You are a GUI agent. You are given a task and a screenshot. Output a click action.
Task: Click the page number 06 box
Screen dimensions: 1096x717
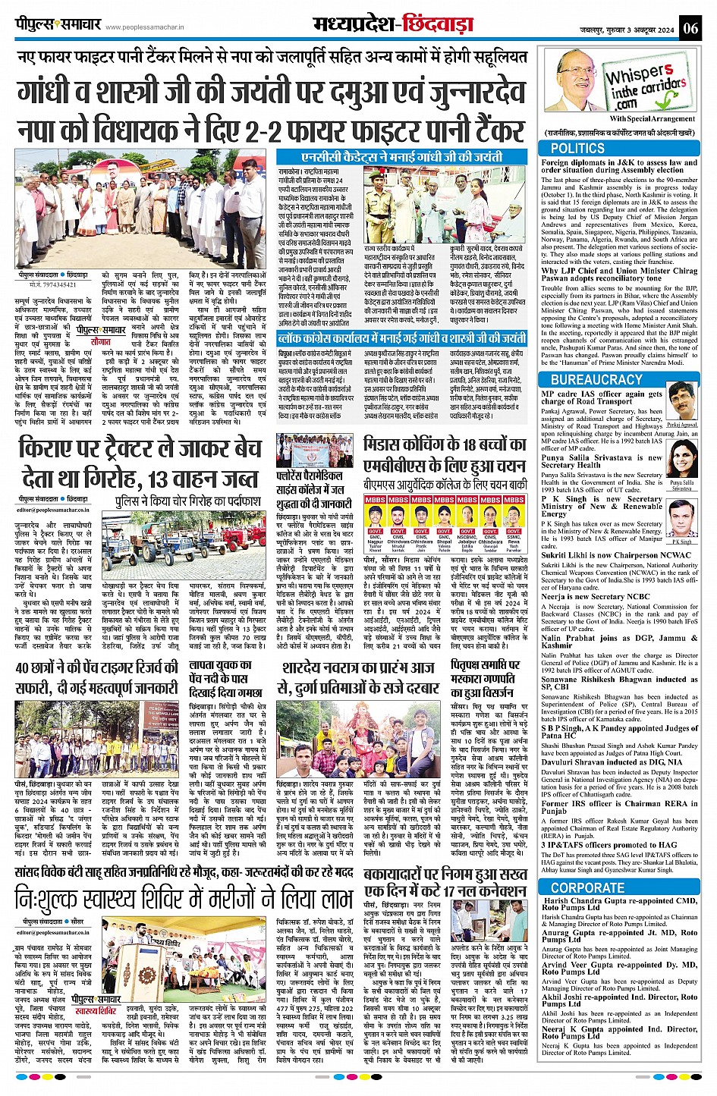tap(690, 28)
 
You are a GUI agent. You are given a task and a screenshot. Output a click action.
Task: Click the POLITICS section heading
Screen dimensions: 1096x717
tap(577, 149)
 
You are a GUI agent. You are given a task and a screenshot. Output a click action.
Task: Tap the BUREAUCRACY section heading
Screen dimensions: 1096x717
tap(596, 379)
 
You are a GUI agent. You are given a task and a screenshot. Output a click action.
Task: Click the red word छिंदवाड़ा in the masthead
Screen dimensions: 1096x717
tap(440, 26)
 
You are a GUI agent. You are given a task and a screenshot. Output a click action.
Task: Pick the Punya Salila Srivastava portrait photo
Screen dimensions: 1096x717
tap(682, 459)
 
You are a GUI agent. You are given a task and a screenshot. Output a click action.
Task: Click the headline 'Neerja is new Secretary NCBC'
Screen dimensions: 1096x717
tap(586, 596)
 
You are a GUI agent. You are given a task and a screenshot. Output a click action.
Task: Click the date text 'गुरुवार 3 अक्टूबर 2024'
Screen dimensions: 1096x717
tap(637, 29)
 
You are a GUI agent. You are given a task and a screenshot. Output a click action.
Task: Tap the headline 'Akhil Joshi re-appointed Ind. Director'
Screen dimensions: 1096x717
tap(619, 997)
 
